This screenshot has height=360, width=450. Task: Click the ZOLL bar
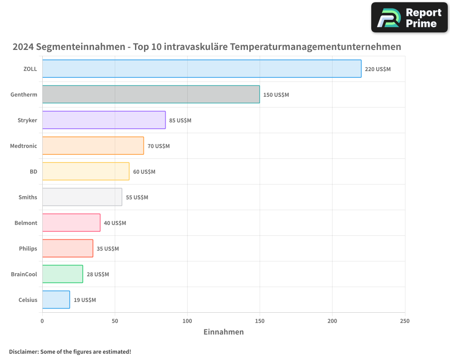(202, 69)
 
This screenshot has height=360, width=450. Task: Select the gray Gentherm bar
(151, 94)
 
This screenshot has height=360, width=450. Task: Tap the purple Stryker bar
(104, 120)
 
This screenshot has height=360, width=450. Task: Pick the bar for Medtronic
(93, 146)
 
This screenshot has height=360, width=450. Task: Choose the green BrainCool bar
(63, 274)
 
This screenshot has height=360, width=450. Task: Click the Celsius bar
(56, 300)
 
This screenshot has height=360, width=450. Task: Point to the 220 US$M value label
(378, 69)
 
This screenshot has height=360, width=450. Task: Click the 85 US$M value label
(180, 121)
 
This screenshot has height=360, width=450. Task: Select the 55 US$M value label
(137, 198)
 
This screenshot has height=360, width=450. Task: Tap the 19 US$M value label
(85, 300)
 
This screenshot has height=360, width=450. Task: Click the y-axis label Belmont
(26, 223)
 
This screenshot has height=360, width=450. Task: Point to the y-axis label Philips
(28, 249)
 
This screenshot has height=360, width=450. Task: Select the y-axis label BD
(33, 172)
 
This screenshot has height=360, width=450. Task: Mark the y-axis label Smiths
(28, 198)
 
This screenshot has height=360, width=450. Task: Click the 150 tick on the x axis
(260, 321)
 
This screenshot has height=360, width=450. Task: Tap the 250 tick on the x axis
(405, 321)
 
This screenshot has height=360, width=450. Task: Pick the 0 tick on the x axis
(42, 321)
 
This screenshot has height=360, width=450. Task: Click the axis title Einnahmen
(224, 332)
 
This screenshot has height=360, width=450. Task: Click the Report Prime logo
(409, 18)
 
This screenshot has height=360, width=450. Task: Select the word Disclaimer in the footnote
(23, 351)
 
